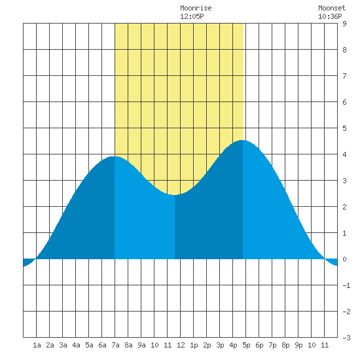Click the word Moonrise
(196, 8)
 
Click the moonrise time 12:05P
(192, 16)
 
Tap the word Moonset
(332, 8)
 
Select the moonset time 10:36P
(330, 16)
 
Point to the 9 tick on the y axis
(344, 24)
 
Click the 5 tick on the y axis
(344, 128)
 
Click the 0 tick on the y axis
(344, 259)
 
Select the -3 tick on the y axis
(346, 338)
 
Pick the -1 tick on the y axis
(346, 285)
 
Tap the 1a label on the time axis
(37, 345)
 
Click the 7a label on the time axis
(115, 345)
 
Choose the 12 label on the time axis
(181, 345)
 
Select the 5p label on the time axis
(246, 345)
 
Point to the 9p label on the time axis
(298, 345)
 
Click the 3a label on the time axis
(63, 345)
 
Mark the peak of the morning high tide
(115, 156)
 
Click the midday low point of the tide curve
(175, 195)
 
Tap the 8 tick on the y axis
(344, 50)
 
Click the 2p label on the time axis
(207, 345)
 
